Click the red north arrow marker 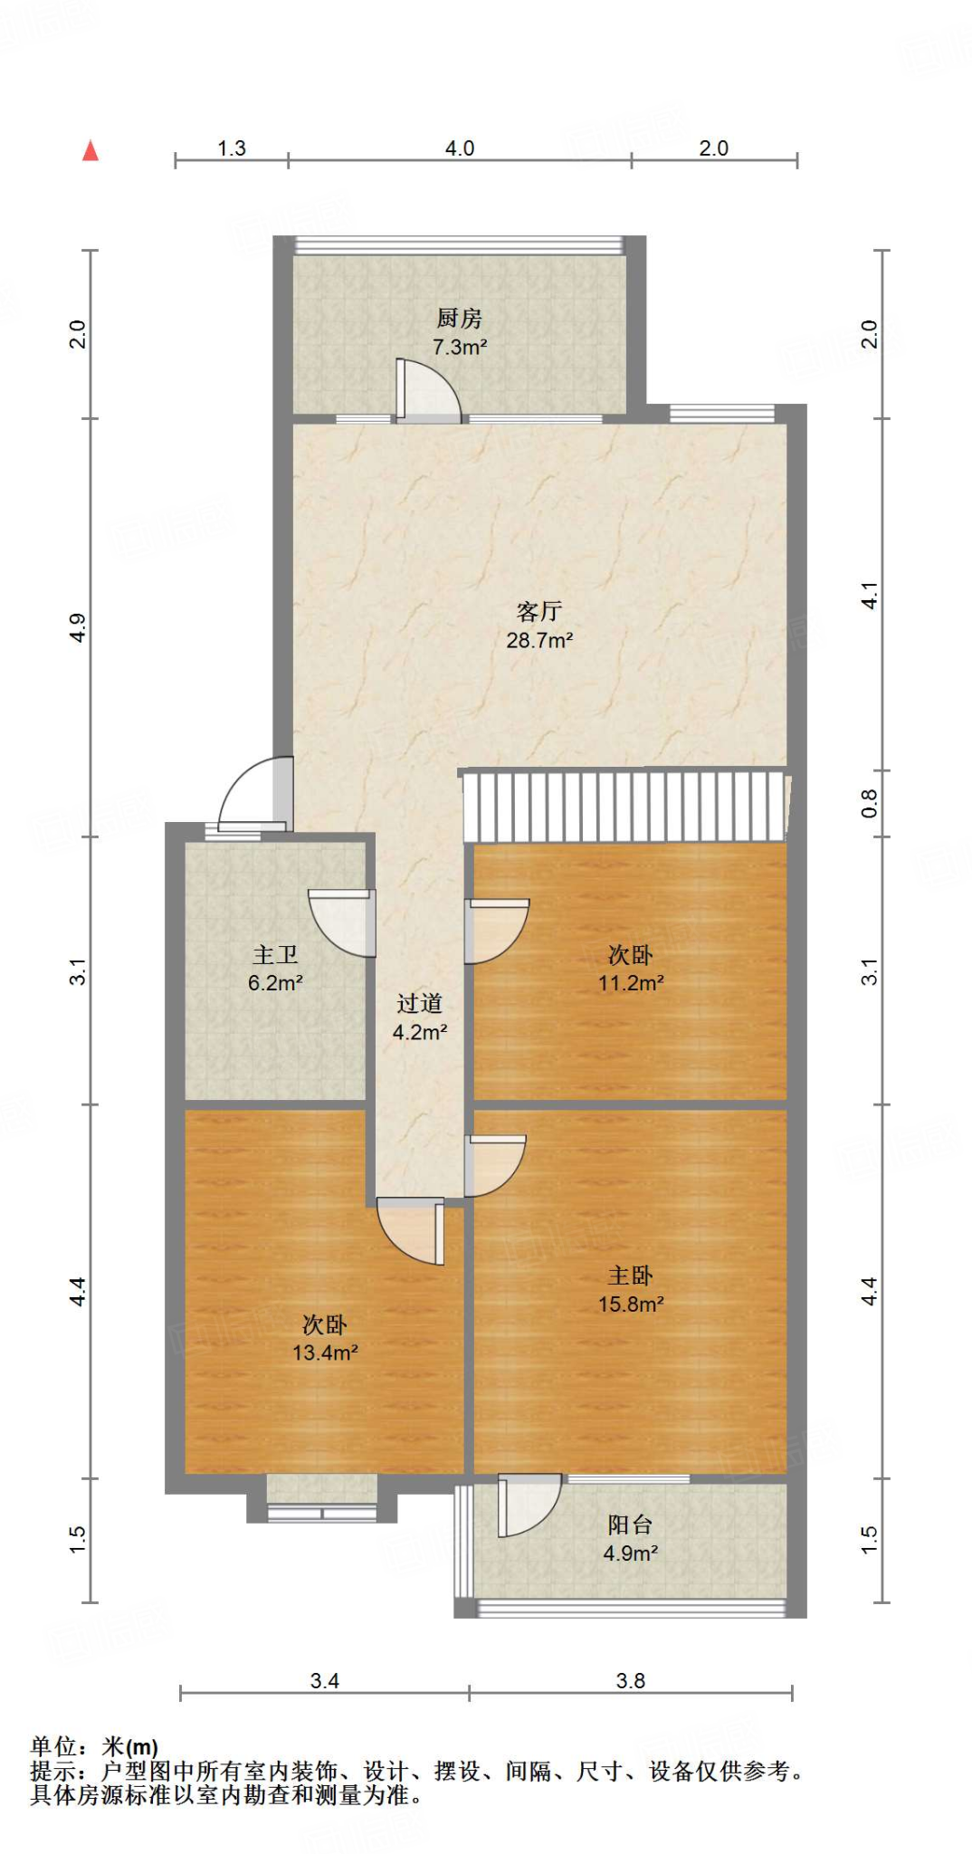tap(91, 150)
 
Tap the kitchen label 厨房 tap(459, 319)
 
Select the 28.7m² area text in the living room tap(539, 641)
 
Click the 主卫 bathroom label tap(275, 955)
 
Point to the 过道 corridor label tap(419, 1003)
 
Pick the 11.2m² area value tap(631, 983)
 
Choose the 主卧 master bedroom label tap(630, 1276)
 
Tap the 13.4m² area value tap(325, 1353)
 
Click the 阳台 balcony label tap(630, 1524)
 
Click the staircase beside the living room tap(624, 806)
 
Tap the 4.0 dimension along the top tap(459, 148)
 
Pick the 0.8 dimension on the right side tap(869, 802)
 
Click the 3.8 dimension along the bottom tap(630, 1681)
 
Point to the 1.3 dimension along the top tap(232, 148)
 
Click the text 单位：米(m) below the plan tap(94, 1746)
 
